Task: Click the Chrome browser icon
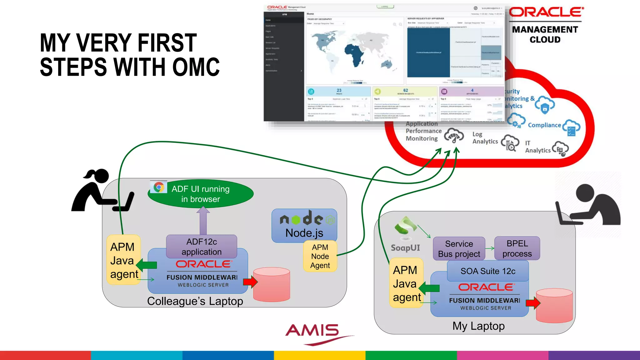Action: [x=159, y=187]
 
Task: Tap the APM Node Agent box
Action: [x=320, y=256]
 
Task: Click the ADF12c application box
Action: [x=202, y=247]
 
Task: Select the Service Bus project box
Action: [x=459, y=249]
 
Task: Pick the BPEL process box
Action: [x=517, y=248]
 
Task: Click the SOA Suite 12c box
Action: [x=488, y=271]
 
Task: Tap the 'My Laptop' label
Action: [x=478, y=326]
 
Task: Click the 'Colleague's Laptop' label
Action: [x=195, y=301]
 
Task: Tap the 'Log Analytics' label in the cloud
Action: [x=485, y=138]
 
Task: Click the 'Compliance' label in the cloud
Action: [x=544, y=125]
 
